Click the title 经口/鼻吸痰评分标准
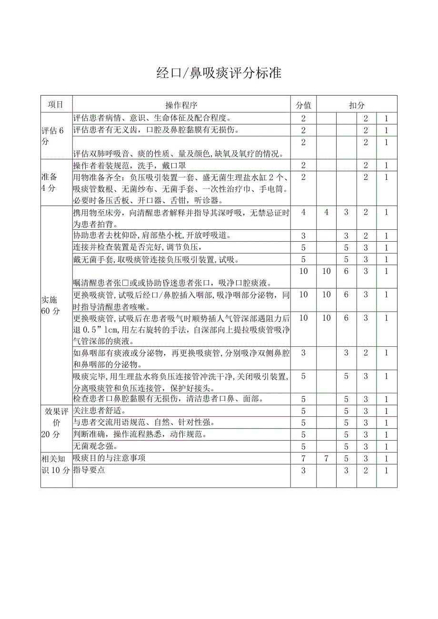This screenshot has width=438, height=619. point(219,73)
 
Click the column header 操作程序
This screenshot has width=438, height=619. point(181,105)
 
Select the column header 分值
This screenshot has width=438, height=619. point(303,105)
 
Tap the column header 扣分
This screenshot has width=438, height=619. point(357,105)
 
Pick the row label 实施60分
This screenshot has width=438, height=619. point(51,305)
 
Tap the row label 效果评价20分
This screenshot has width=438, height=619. point(56,422)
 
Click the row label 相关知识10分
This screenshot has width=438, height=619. point(56,464)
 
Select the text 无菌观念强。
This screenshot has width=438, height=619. point(95,446)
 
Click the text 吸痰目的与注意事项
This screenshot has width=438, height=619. point(109,458)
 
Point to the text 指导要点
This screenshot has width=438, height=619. point(89,470)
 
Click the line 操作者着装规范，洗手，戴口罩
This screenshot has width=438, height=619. point(129,166)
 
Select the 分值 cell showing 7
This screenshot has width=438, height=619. point(303,459)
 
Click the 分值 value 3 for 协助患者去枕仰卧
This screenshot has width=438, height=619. point(303,236)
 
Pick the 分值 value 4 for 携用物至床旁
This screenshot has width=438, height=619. point(303,212)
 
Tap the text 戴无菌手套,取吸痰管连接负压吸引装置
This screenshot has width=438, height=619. point(156,259)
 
